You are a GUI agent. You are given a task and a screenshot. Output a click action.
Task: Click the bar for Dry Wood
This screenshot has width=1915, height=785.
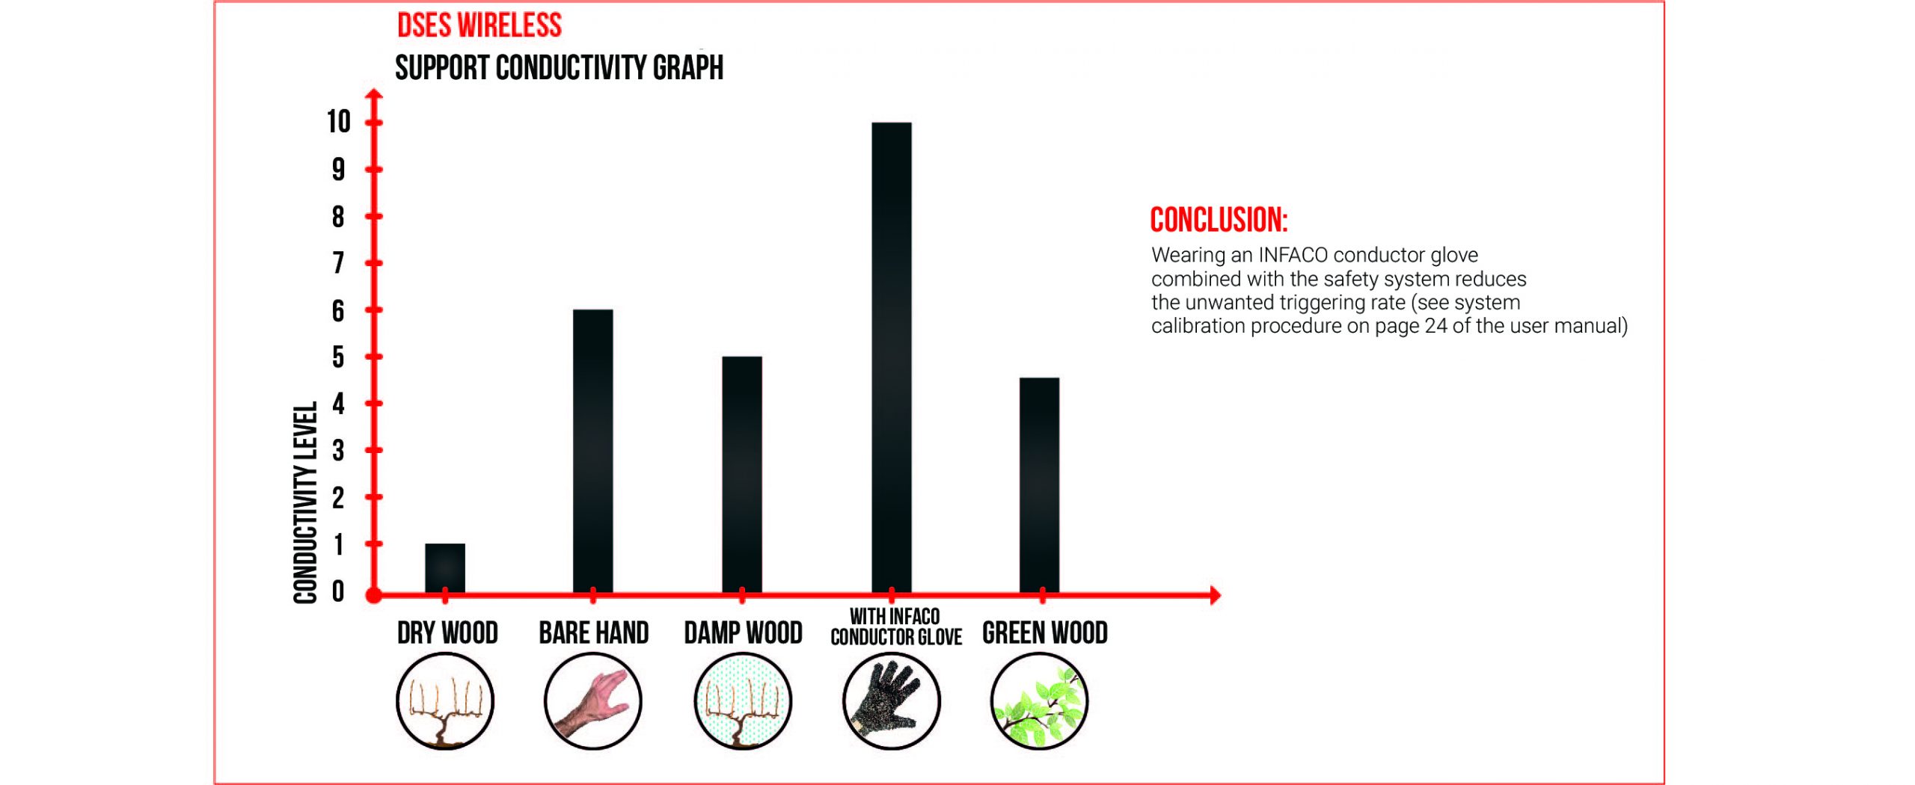pos(445,567)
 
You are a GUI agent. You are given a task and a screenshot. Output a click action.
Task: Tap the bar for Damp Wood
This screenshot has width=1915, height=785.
pos(742,474)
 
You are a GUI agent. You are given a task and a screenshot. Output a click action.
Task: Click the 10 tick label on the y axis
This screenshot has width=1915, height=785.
pos(338,122)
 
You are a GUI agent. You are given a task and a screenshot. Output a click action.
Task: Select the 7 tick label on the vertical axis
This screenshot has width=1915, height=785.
pos(338,263)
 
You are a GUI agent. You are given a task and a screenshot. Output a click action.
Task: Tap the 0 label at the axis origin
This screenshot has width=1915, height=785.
pos(338,591)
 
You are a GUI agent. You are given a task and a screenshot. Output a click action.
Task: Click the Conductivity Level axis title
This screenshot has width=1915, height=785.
pos(305,502)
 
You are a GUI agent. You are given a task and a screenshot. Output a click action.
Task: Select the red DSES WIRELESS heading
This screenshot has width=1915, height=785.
pos(479,25)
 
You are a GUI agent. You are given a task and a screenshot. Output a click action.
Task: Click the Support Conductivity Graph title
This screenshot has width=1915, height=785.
pos(559,68)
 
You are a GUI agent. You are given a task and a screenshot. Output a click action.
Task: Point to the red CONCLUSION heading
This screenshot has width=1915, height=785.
pos(1219,220)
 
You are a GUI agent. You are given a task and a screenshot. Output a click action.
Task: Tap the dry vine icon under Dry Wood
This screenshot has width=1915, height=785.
pos(445,701)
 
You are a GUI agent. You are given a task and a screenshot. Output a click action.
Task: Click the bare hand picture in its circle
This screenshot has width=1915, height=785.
pos(593,701)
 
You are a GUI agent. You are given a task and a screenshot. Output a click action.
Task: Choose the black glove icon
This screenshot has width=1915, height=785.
pos(892,701)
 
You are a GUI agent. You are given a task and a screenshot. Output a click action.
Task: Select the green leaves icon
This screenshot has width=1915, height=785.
pos(1040,701)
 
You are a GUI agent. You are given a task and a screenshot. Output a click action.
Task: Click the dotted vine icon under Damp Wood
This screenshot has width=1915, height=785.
pos(742,701)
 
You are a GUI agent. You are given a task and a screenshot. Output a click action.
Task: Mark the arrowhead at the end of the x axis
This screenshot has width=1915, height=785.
pos(1215,595)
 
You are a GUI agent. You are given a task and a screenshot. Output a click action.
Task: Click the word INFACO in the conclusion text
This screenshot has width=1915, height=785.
pos(1293,255)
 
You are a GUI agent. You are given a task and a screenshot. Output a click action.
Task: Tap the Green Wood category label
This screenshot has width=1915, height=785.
pos(1044,633)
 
